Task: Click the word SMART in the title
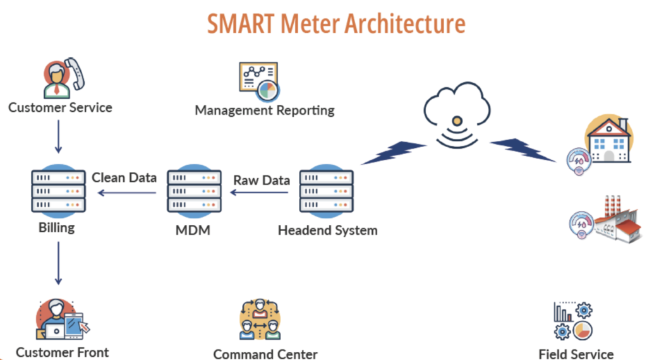click(x=241, y=23)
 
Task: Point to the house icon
click(x=608, y=140)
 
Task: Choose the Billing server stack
click(x=57, y=191)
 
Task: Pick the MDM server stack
click(x=194, y=191)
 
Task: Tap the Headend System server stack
click(x=326, y=191)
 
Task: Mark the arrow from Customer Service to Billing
click(x=58, y=136)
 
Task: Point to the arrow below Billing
click(x=58, y=261)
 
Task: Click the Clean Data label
click(x=124, y=177)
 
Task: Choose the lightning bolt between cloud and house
click(x=522, y=150)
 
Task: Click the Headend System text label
click(x=327, y=231)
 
